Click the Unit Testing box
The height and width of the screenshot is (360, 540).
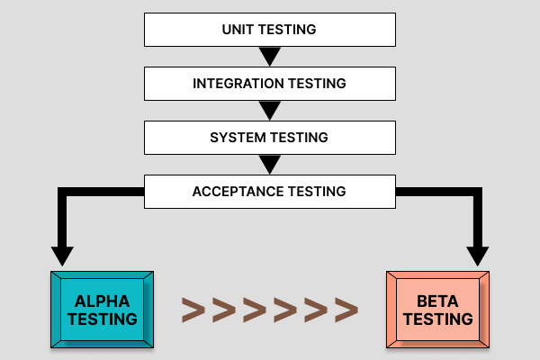269,30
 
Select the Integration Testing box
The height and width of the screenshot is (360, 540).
269,84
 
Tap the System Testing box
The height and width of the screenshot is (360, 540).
269,138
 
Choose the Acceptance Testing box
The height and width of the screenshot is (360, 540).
269,192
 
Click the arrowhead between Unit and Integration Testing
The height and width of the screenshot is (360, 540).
269,58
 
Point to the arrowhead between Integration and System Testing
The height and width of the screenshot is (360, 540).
269,112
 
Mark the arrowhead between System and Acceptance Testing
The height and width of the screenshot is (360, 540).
269,166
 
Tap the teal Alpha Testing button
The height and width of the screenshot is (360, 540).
102,310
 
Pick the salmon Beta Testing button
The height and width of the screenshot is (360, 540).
438,310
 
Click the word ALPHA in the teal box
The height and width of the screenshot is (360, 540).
102,301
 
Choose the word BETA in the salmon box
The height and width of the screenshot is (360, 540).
438,301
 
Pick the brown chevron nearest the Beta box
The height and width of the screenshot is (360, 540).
346,310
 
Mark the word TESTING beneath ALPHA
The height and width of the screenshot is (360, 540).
102,319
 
